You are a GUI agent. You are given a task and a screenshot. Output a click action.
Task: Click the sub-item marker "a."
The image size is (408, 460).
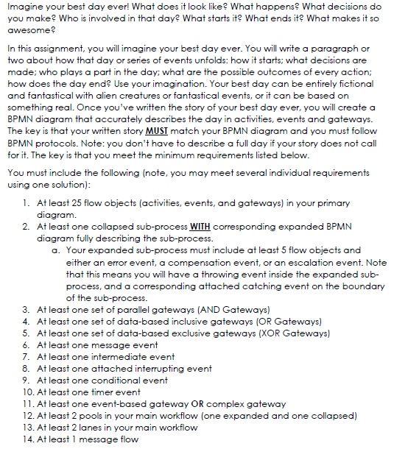(57, 250)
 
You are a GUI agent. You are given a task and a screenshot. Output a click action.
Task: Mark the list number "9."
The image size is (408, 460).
(27, 380)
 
